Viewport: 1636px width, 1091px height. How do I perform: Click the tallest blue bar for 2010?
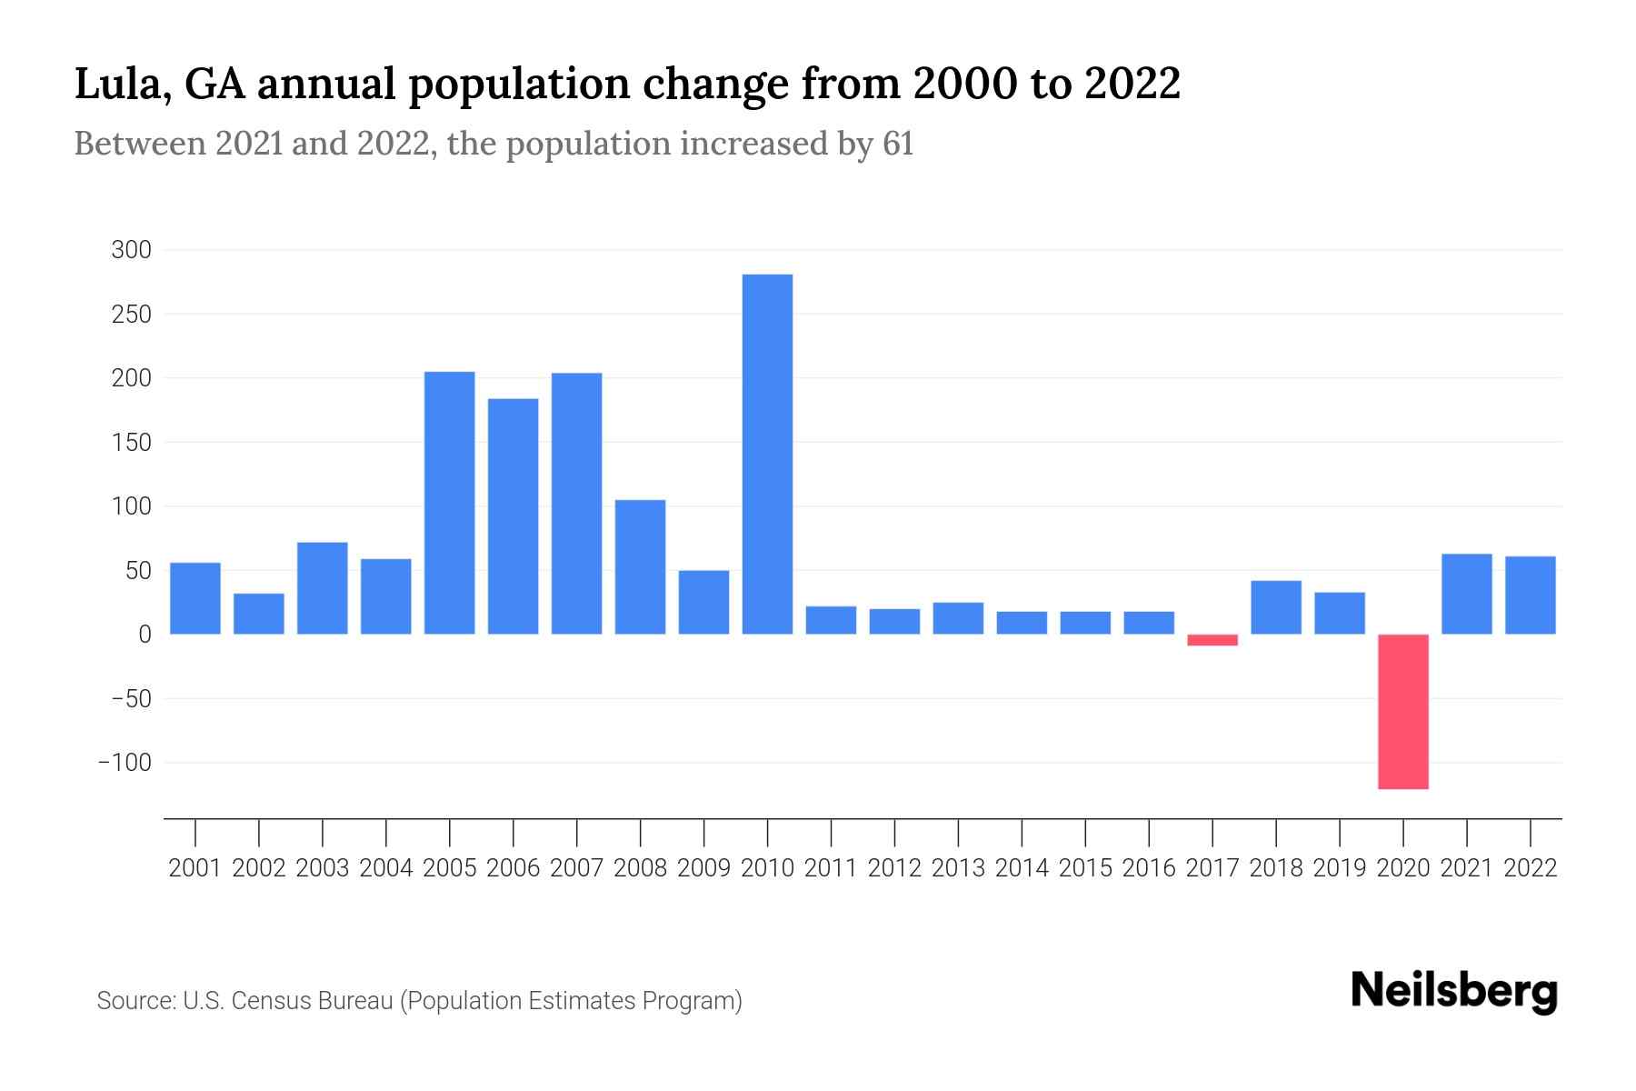pyautogui.click(x=767, y=454)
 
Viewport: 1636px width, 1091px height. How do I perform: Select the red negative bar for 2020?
pyautogui.click(x=1402, y=711)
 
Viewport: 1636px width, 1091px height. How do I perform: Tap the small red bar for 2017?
pyautogui.click(x=1212, y=640)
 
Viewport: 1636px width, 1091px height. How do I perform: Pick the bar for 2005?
pyautogui.click(x=449, y=503)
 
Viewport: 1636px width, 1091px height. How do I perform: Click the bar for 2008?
pyautogui.click(x=640, y=566)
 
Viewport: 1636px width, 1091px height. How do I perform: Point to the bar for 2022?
pyautogui.click(x=1530, y=595)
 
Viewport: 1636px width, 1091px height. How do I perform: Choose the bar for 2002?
pyautogui.click(x=259, y=614)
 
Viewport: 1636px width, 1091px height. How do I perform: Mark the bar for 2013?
pyautogui.click(x=958, y=618)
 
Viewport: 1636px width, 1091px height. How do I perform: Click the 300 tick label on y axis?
pyautogui.click(x=131, y=250)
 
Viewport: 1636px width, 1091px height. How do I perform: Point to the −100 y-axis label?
pyautogui.click(x=125, y=763)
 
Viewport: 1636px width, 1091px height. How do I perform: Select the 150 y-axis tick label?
pyautogui.click(x=131, y=443)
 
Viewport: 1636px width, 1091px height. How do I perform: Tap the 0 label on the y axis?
pyautogui.click(x=145, y=635)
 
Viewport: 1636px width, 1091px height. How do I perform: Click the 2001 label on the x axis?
pyautogui.click(x=195, y=868)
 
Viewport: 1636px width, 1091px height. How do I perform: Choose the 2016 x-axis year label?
pyautogui.click(x=1149, y=868)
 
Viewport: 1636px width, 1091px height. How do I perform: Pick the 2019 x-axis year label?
pyautogui.click(x=1340, y=868)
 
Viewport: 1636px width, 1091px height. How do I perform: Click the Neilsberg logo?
pyautogui.click(x=1454, y=992)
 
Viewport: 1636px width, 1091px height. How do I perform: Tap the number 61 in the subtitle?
pyautogui.click(x=897, y=144)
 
